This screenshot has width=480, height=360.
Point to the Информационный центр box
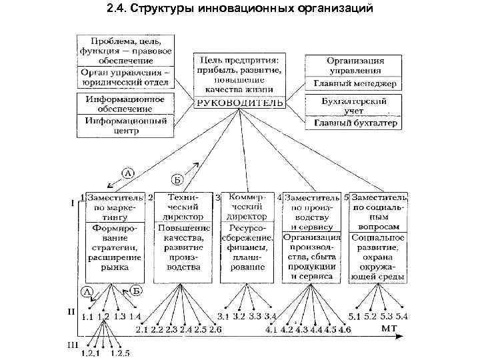(125, 125)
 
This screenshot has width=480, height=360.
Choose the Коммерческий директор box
(247, 207)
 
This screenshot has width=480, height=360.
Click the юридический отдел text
(125, 83)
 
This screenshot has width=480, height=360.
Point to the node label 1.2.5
(120, 353)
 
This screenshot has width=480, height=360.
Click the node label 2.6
(215, 329)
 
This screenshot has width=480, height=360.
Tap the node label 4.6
(345, 329)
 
